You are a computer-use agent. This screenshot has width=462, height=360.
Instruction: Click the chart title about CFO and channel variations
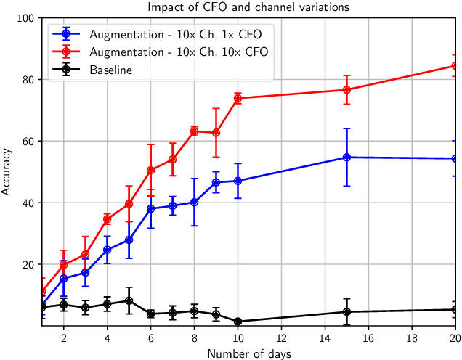(248, 7)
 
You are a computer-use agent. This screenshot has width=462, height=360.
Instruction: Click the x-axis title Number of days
(248, 353)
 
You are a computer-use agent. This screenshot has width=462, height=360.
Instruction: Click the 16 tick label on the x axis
(368, 337)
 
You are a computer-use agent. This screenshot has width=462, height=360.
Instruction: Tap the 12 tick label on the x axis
(281, 337)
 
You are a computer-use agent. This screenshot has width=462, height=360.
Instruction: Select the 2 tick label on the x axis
(64, 337)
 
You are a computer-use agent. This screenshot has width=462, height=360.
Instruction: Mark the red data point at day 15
(346, 90)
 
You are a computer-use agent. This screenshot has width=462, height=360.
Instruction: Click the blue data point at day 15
(346, 157)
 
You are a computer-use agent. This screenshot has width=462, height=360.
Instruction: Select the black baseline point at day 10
(238, 322)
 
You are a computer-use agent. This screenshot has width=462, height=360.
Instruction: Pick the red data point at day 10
(238, 98)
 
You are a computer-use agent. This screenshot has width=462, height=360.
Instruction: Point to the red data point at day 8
(194, 131)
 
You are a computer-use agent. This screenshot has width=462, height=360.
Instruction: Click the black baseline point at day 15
(346, 312)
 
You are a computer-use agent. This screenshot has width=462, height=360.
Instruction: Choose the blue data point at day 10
(238, 181)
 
